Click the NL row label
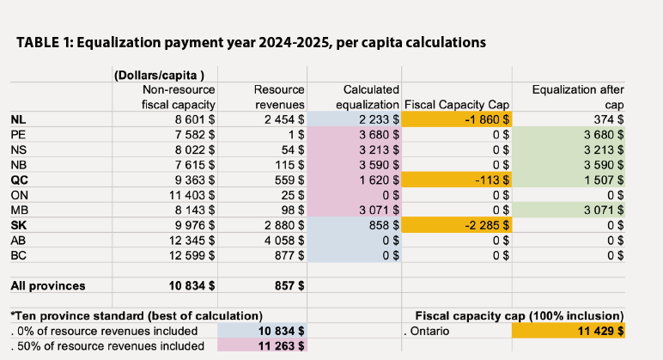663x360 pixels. point(18,120)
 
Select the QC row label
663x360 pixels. point(19,180)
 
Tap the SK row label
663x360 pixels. point(18,225)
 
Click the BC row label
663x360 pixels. point(18,255)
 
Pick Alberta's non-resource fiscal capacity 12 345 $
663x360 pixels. point(187,241)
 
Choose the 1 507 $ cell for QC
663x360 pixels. point(604,180)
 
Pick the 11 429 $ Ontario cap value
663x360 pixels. point(597,330)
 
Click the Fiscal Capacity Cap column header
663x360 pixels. point(457,105)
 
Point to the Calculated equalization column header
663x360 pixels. point(368,97)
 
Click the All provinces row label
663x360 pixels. point(48,285)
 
